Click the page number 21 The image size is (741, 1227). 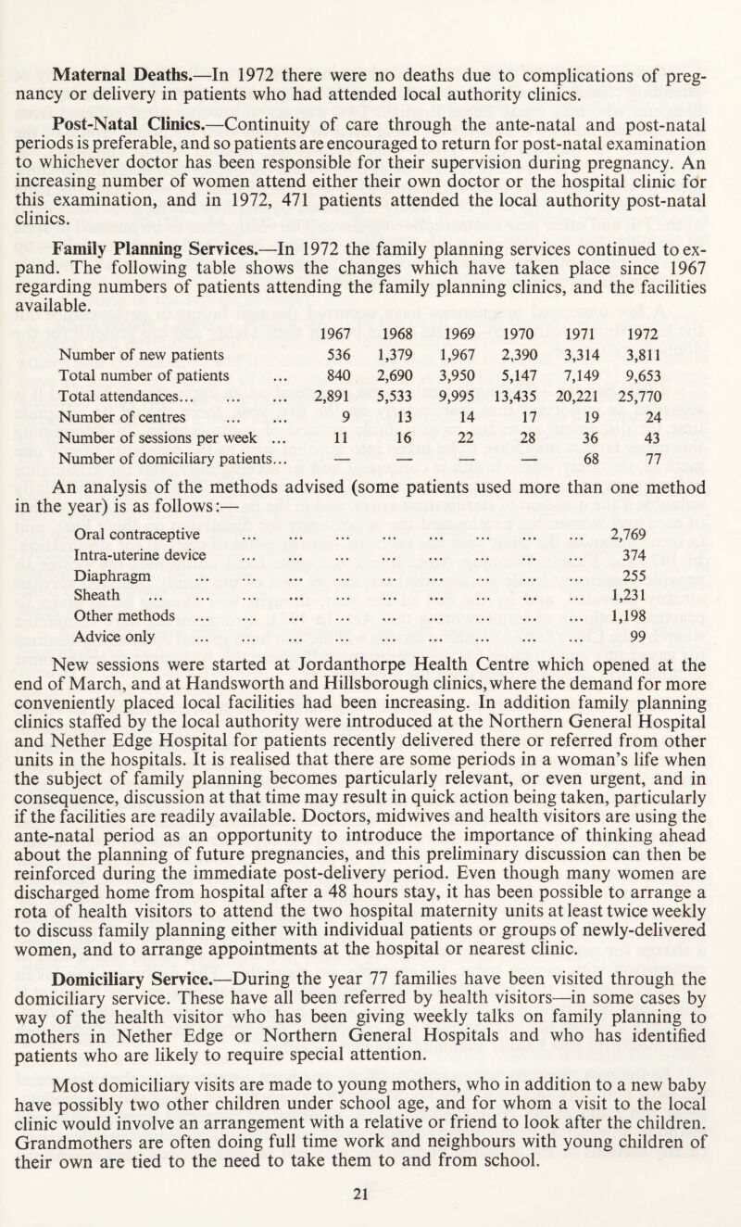tap(370, 1208)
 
